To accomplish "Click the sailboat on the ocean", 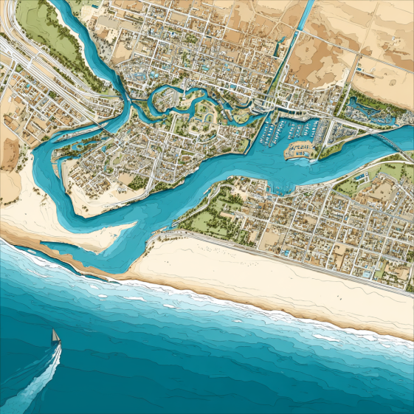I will [x=55, y=337].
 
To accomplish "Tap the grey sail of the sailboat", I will [x=55, y=335].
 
